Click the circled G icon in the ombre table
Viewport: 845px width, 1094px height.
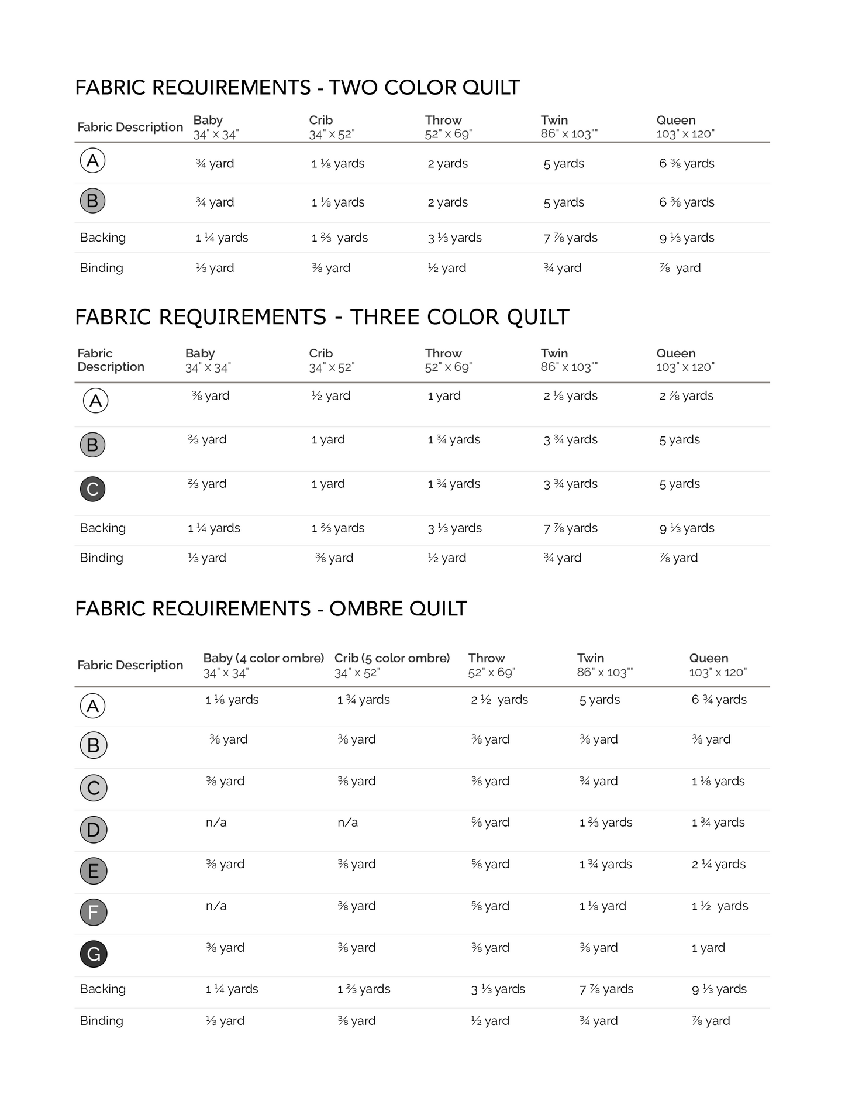click(94, 954)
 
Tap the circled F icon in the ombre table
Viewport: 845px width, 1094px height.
click(94, 912)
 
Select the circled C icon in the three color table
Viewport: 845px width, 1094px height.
click(92, 489)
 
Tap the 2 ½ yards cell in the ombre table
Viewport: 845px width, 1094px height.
click(499, 700)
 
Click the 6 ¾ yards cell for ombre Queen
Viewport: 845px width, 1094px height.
click(719, 700)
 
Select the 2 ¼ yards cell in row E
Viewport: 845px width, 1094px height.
click(718, 864)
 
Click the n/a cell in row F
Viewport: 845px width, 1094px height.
click(216, 906)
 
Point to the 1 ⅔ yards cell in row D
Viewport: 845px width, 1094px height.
click(605, 823)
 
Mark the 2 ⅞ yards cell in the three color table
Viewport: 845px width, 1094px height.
click(686, 396)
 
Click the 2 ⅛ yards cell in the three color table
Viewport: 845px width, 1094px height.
click(570, 396)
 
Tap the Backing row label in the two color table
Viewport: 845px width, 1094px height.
click(103, 238)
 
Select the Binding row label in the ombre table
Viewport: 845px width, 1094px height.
click(102, 1021)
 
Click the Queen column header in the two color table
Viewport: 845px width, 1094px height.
click(676, 121)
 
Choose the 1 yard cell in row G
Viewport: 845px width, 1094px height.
click(708, 948)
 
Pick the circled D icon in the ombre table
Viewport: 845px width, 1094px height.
click(94, 830)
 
